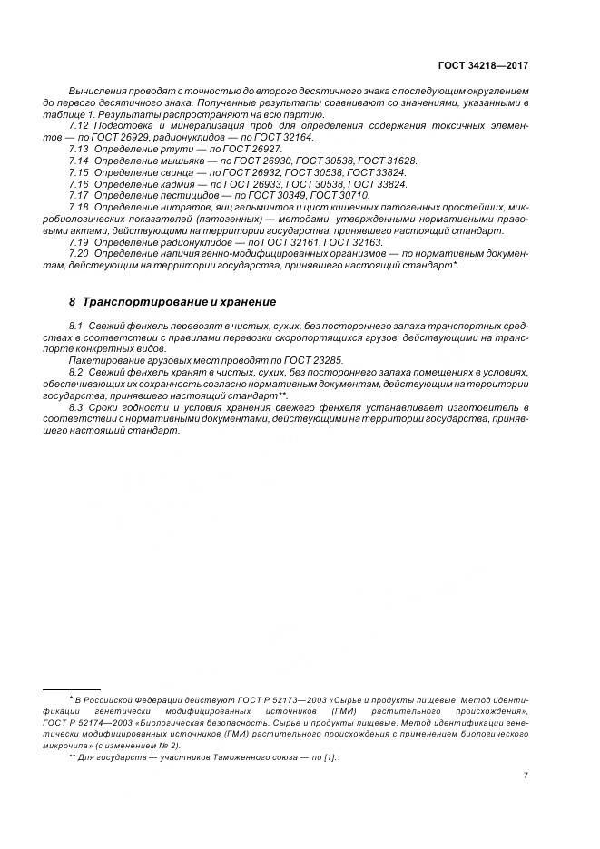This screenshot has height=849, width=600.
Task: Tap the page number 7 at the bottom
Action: click(x=526, y=775)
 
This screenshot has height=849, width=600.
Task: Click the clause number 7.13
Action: click(x=79, y=148)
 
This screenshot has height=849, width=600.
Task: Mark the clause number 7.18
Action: click(x=79, y=207)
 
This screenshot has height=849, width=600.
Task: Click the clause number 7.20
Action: click(x=79, y=254)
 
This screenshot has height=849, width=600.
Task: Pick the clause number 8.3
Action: click(x=77, y=407)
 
